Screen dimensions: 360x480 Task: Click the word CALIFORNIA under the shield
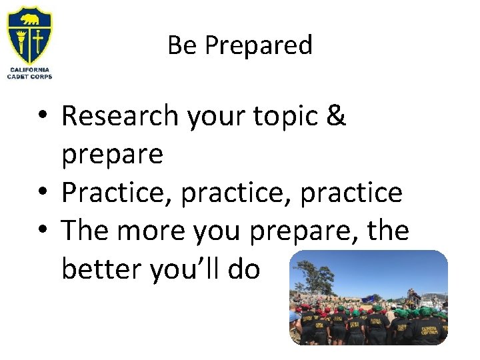[30, 69]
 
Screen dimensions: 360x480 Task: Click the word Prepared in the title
[259, 46]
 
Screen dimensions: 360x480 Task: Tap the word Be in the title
[181, 45]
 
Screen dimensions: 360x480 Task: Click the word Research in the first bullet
[120, 116]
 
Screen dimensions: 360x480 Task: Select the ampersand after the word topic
[337, 116]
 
